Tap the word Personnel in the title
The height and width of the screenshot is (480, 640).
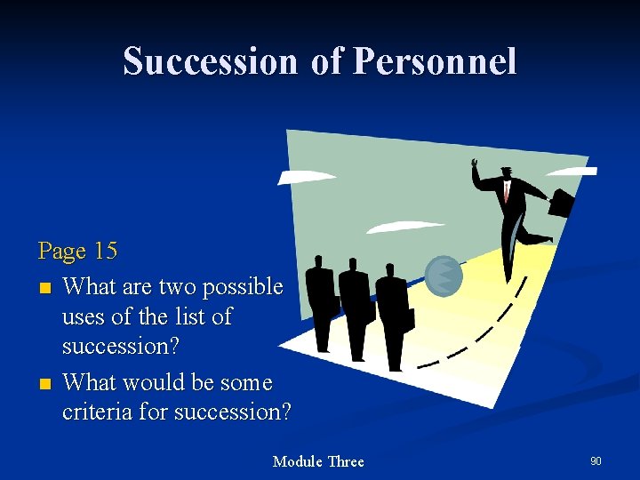pos(435,61)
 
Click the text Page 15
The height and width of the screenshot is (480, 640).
pos(77,251)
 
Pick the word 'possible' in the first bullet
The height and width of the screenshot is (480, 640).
pos(242,287)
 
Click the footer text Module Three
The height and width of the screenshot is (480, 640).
pos(318,460)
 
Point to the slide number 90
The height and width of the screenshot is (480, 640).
pos(596,460)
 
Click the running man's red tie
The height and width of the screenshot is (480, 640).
pos(507,190)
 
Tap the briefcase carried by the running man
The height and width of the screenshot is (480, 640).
pos(561,202)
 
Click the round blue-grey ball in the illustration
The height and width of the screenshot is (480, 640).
pos(444,276)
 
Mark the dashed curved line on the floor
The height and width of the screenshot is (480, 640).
pos(498,329)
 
